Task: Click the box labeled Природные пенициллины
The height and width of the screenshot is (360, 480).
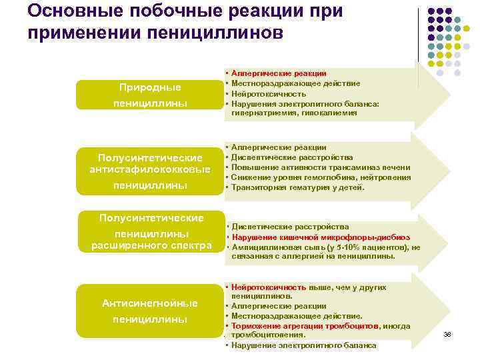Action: point(150,95)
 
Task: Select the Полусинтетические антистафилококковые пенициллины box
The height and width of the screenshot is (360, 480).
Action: point(150,171)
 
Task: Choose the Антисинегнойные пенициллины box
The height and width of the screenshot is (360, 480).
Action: point(150,311)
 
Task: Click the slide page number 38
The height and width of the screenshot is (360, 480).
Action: point(447,333)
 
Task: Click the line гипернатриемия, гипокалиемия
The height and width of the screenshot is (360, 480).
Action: point(294,113)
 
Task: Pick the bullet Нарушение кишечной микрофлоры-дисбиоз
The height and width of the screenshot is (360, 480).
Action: point(320,237)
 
